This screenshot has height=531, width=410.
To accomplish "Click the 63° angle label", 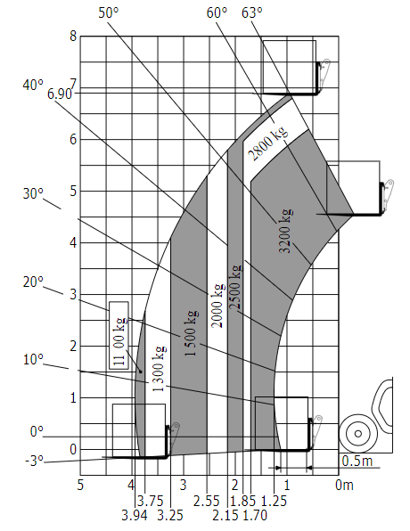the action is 251,12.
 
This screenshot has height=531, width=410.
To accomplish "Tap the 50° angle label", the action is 109,12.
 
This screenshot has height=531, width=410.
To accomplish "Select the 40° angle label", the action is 33,85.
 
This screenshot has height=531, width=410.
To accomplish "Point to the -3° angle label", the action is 34,462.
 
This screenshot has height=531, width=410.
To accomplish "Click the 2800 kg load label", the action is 267,143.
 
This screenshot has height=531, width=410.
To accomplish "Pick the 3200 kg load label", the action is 285,231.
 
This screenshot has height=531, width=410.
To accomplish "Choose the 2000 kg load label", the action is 217,306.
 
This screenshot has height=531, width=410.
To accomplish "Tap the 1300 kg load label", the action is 159,369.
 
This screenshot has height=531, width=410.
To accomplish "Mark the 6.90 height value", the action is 60,94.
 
